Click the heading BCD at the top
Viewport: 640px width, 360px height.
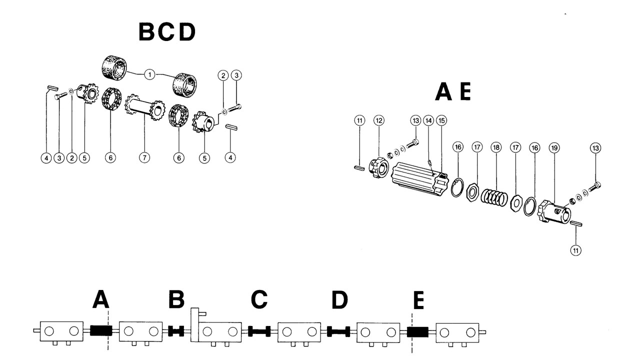166,33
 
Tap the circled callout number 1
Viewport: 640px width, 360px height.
148,74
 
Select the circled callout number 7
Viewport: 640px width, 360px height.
144,157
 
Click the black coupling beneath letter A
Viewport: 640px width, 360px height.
100,330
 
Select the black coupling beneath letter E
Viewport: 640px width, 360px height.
417,330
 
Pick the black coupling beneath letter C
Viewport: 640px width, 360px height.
259,330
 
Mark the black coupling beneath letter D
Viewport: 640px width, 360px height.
338,330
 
